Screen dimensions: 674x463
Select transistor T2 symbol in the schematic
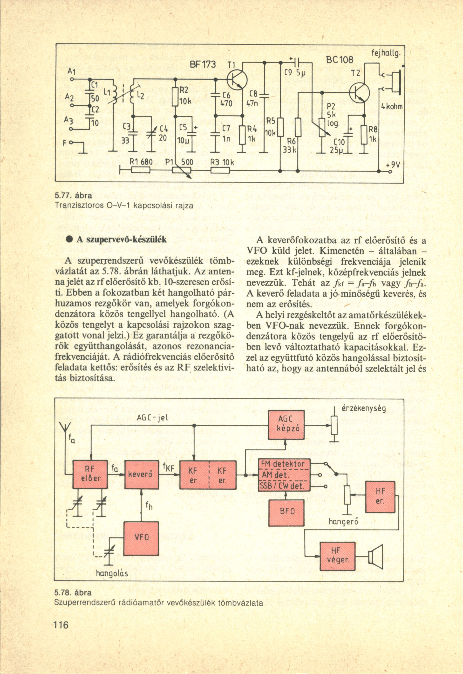(360, 93)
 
